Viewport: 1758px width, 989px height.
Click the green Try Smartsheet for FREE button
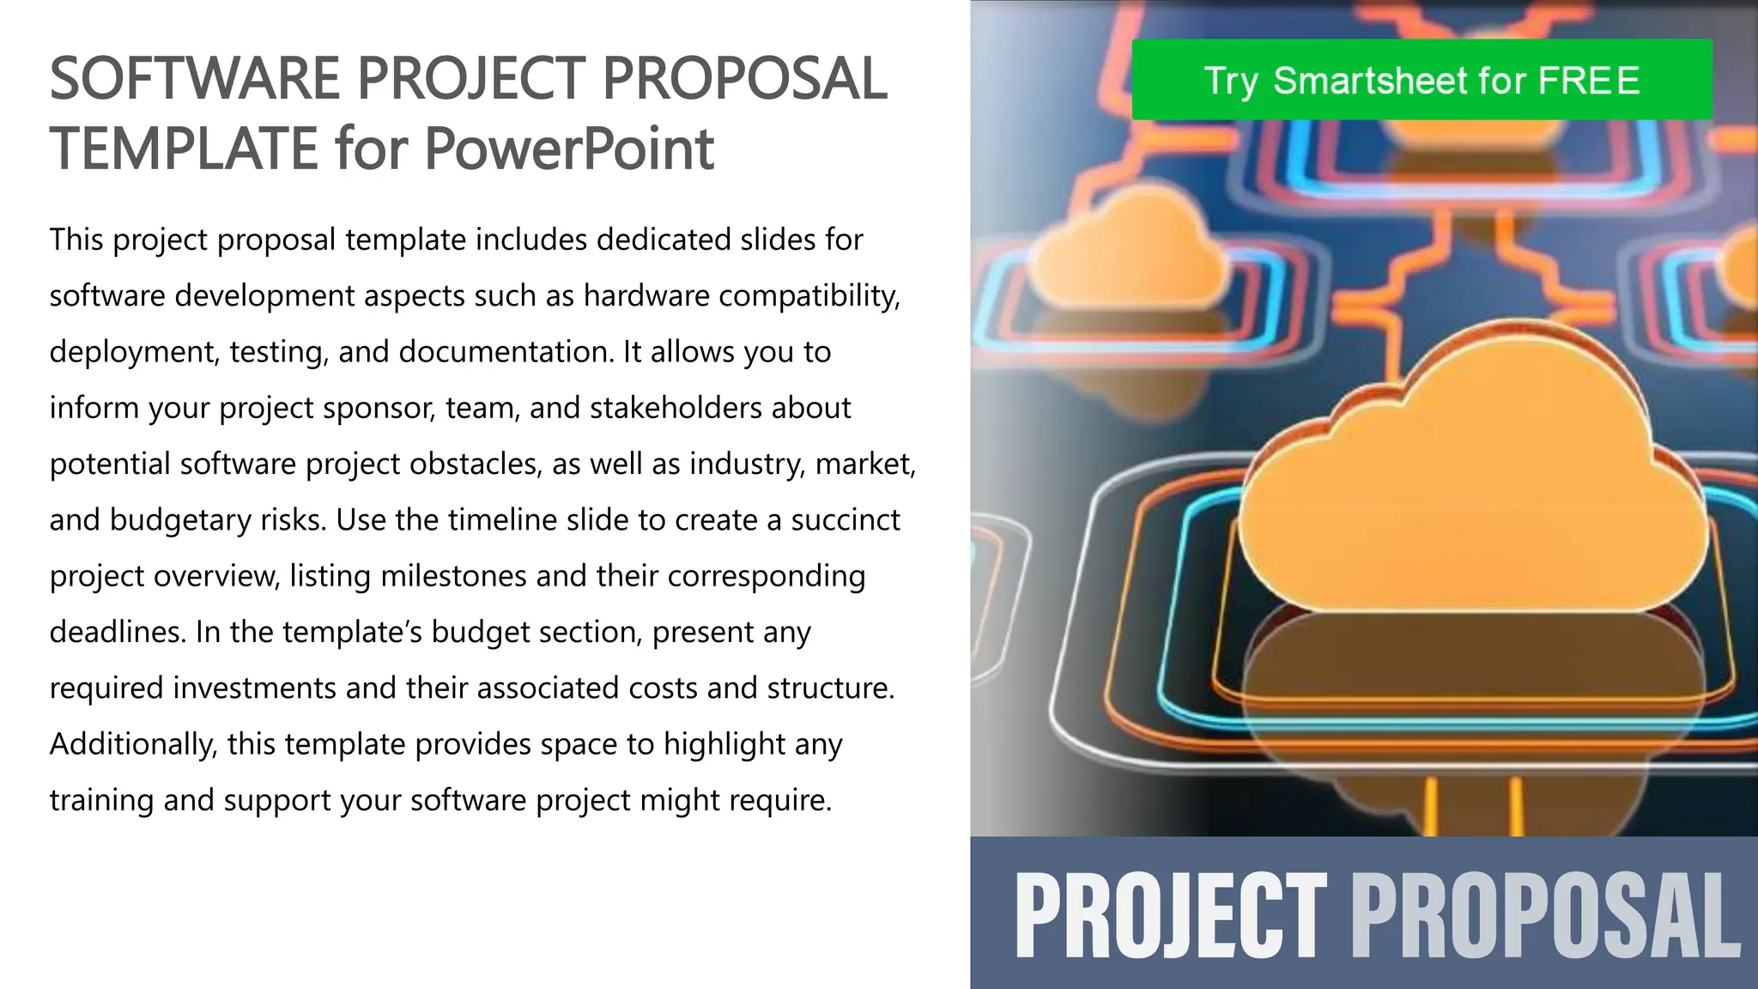pos(1422,80)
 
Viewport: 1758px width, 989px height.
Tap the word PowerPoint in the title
pos(568,149)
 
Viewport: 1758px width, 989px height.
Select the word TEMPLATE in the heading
pos(184,149)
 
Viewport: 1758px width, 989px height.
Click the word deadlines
pos(118,632)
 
